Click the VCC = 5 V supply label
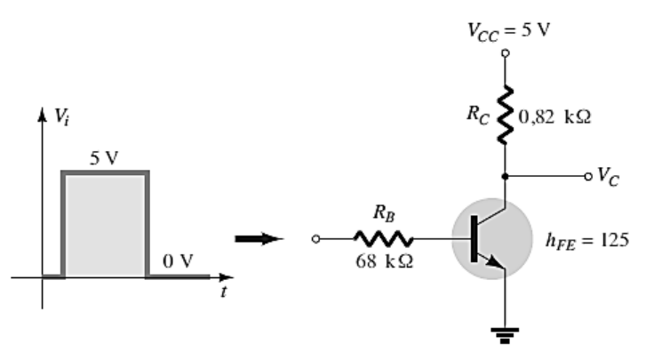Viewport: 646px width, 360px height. click(x=508, y=31)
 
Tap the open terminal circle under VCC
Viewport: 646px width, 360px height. click(x=505, y=53)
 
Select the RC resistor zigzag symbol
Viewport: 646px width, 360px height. click(x=505, y=115)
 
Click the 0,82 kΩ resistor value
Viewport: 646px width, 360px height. click(x=554, y=117)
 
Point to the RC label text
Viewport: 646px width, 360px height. click(x=478, y=115)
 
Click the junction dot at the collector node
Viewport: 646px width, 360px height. click(x=505, y=176)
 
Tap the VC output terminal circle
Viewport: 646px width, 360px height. click(x=588, y=176)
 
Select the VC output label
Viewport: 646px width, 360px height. click(x=608, y=177)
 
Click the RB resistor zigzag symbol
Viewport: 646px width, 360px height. click(x=384, y=239)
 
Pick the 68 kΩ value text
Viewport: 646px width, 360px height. click(x=385, y=260)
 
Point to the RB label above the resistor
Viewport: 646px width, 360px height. click(x=384, y=213)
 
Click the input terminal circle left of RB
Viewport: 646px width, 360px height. click(x=315, y=239)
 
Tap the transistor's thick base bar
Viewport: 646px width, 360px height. click(x=475, y=238)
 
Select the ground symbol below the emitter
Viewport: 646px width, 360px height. click(x=505, y=335)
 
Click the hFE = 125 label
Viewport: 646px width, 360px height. click(x=587, y=241)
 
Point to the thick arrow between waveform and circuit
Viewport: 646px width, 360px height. click(x=259, y=239)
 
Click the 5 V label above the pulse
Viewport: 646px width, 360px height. click(x=104, y=158)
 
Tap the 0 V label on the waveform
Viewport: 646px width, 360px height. click(x=178, y=261)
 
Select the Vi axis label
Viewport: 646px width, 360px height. click(x=62, y=116)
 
